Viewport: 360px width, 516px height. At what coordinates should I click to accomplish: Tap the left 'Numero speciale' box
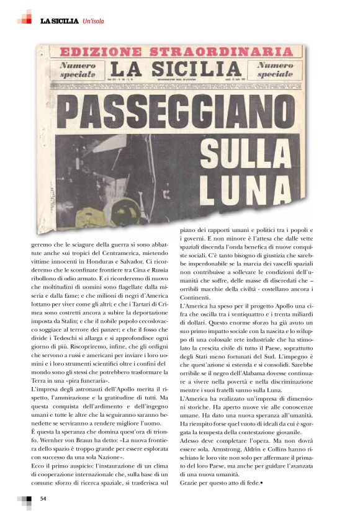[x=78, y=69]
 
